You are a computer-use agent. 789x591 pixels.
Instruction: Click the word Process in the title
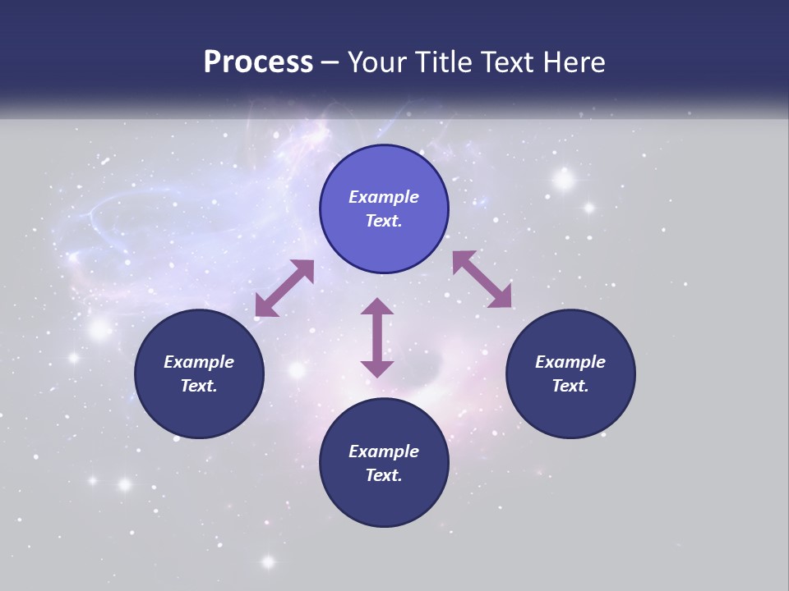point(258,62)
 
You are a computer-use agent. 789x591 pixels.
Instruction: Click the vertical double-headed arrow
point(377,337)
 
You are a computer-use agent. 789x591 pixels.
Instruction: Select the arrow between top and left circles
point(284,288)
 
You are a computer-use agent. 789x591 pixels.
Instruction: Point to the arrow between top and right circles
point(482,279)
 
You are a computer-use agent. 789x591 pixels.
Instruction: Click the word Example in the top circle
point(384,197)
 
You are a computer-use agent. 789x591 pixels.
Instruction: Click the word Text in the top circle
point(382,222)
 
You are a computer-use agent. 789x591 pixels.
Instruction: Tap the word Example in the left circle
point(199,362)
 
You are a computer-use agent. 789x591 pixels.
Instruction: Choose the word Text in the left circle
point(197,386)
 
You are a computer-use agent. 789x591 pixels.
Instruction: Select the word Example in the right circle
point(570,362)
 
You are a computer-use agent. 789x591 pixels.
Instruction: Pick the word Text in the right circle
point(569,386)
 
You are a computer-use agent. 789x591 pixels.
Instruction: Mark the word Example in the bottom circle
point(384,451)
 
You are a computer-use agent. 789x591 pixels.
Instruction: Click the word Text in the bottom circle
point(382,475)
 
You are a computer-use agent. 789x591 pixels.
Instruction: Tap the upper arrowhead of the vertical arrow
point(377,307)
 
